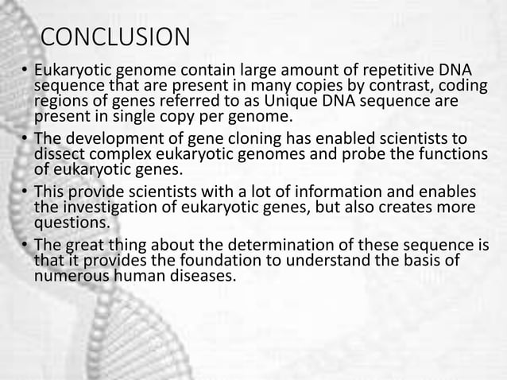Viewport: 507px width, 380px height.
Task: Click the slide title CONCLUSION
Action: pos(115,37)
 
